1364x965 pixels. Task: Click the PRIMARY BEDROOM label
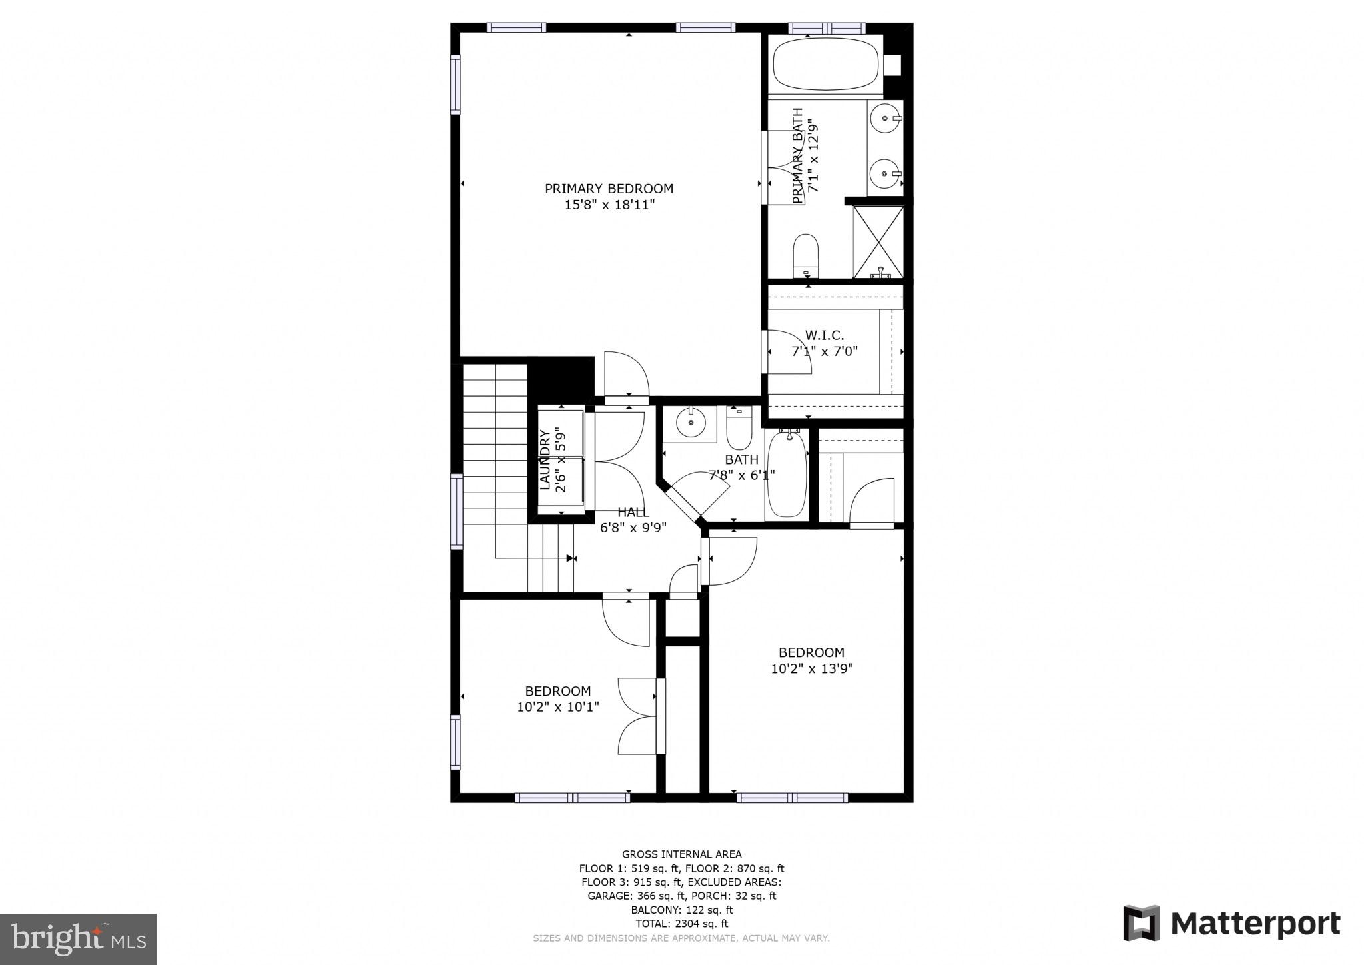pos(609,189)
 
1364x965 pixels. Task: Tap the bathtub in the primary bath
pos(825,65)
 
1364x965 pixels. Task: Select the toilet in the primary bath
pos(805,255)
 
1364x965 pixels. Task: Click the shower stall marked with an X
pos(878,241)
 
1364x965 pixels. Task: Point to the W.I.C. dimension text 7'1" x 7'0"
pos(825,351)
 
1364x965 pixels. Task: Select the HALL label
pos(633,512)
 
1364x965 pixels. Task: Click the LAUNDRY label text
pos(545,460)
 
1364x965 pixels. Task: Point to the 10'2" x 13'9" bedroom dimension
pos(811,669)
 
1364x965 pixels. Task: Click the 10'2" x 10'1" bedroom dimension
pos(557,707)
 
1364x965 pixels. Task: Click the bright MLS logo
pos(78,940)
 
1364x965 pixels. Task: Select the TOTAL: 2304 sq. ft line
pos(681,924)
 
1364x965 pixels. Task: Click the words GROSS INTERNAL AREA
pos(681,854)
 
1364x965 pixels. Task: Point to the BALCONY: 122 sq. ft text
pos(681,910)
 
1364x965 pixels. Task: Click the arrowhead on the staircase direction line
pos(571,558)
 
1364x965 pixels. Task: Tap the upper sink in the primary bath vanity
pos(884,118)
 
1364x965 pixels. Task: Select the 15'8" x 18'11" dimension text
pos(609,205)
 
